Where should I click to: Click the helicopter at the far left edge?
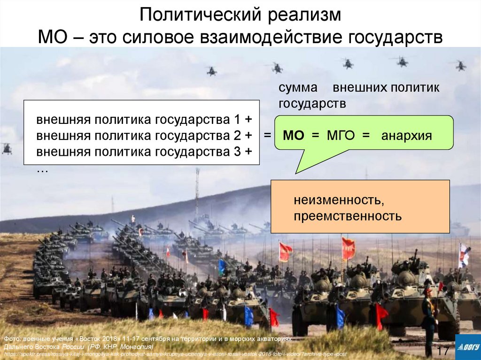click(x=7, y=148)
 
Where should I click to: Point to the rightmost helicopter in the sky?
click(x=460, y=65)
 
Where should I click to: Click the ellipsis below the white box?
click(x=42, y=169)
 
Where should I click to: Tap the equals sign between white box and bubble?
click(x=267, y=135)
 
